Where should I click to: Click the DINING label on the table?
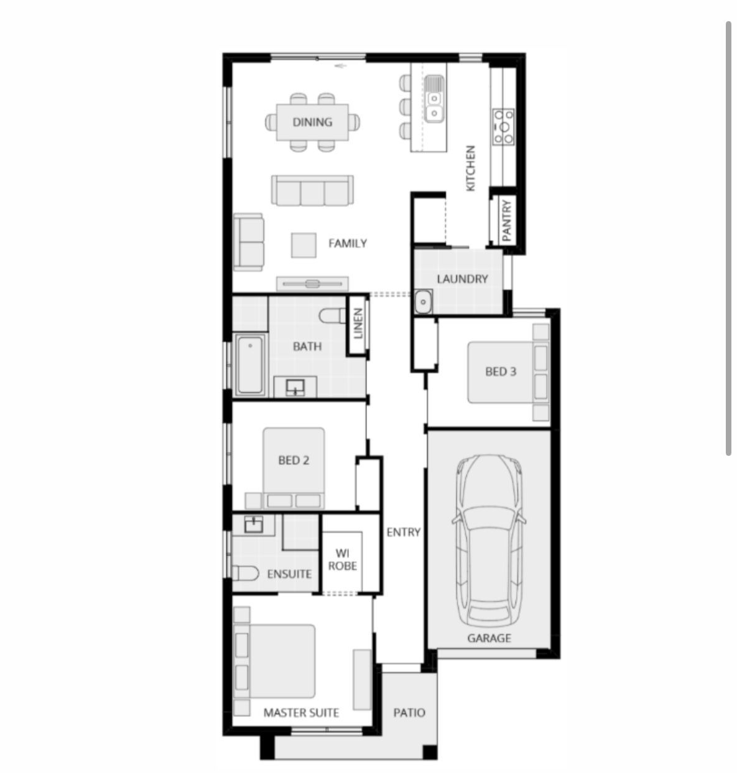[x=312, y=122]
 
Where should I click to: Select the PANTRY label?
[x=506, y=220]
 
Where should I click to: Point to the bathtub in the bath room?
[x=250, y=364]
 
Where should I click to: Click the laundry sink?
[x=423, y=302]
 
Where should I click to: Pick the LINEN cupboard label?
[x=358, y=323]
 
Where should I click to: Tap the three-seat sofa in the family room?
[x=312, y=190]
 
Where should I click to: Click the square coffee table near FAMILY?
[x=304, y=244]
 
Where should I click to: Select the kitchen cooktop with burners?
[x=503, y=126]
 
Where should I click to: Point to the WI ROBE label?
[x=342, y=559]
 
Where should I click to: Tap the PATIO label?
[x=409, y=713]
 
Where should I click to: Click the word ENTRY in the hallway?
[x=403, y=532]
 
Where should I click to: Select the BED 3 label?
[x=500, y=372]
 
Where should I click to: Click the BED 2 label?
[x=293, y=460]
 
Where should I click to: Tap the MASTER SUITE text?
[x=301, y=713]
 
